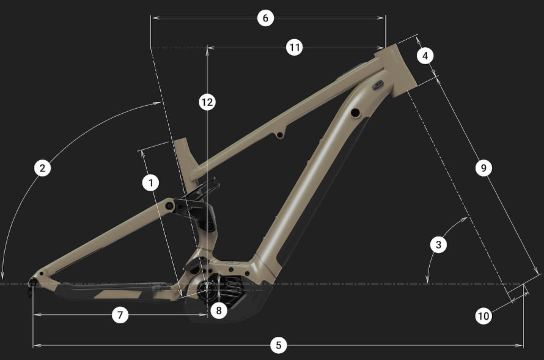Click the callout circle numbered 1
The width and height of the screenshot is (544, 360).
coord(150,183)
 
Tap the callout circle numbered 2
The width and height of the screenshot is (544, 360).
coord(42,168)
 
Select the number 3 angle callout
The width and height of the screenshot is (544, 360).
coord(438,244)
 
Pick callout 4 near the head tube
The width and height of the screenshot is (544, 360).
coord(425,56)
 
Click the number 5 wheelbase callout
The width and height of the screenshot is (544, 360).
coord(279,345)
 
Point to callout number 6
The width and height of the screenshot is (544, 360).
coord(265,18)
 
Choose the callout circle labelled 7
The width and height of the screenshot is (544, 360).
coord(120,315)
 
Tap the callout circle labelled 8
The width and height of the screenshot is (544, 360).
coord(219,310)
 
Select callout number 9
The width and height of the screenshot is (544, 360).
coord(483,168)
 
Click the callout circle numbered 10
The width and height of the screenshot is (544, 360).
coord(483,316)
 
